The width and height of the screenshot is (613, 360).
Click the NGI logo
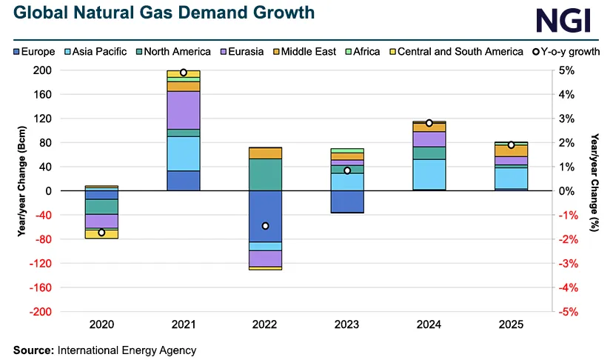click(564, 20)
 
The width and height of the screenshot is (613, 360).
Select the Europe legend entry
click(33, 51)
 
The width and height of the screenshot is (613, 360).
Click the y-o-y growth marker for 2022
click(265, 226)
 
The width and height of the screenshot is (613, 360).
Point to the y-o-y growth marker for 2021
click(184, 73)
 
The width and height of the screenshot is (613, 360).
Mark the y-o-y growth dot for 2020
click(101, 233)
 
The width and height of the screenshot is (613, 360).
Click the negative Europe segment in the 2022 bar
click(265, 216)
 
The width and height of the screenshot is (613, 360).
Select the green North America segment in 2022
click(265, 175)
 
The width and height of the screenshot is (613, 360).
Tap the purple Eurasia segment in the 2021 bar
click(184, 110)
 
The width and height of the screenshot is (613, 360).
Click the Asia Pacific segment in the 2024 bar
click(429, 174)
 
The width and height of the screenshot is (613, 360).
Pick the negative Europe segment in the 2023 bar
click(347, 201)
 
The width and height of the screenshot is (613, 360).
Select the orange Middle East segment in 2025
click(511, 150)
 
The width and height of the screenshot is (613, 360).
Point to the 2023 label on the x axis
click(347, 324)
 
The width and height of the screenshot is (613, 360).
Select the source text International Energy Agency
click(127, 350)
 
